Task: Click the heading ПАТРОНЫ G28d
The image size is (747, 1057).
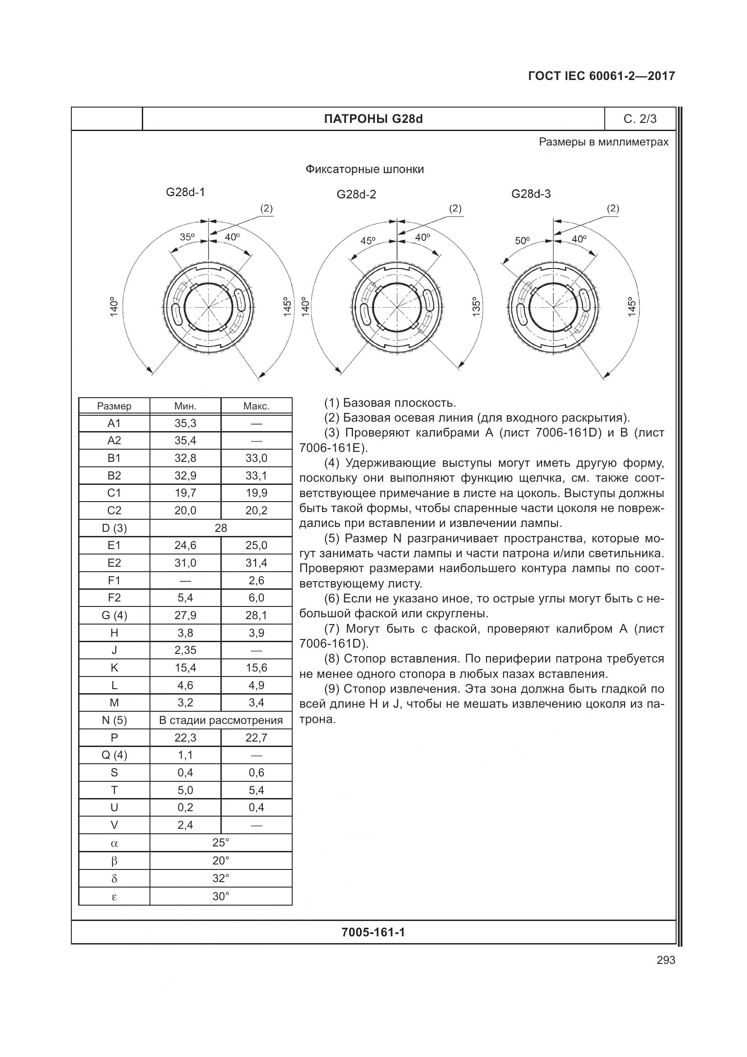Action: click(x=373, y=119)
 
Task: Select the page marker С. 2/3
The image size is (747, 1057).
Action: click(x=640, y=119)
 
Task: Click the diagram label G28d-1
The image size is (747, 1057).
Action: click(x=185, y=192)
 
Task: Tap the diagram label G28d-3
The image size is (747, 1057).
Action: click(x=531, y=194)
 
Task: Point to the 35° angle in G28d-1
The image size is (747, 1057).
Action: click(x=187, y=237)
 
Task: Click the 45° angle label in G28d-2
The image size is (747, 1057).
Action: click(x=368, y=240)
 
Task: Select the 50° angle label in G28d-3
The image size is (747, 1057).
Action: click(x=522, y=240)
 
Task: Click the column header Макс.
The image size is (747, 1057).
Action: click(x=256, y=406)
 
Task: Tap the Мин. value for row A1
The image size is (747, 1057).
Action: click(x=185, y=423)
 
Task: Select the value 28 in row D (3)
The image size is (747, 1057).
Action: click(x=221, y=528)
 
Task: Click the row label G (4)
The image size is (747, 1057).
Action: click(x=114, y=615)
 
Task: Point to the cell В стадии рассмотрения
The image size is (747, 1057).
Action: click(x=221, y=720)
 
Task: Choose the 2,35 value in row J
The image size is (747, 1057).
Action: click(x=185, y=650)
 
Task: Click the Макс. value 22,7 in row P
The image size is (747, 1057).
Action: click(x=256, y=738)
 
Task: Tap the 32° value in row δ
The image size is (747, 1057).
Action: click(x=221, y=878)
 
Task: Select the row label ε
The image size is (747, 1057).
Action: click(x=114, y=896)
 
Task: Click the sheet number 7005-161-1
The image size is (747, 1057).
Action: click(x=373, y=932)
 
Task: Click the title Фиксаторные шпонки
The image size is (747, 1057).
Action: click(x=365, y=169)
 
